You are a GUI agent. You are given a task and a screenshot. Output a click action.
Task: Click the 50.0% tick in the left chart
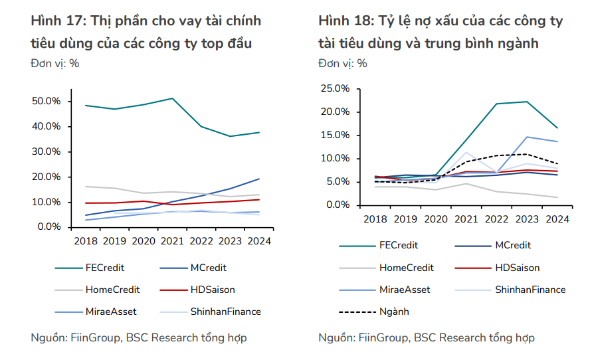(46, 101)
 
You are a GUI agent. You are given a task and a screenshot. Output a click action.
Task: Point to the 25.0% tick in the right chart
(334, 88)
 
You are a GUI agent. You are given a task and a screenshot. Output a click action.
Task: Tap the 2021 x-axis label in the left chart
(173, 241)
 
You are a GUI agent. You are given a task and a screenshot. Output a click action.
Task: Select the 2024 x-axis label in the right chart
(556, 219)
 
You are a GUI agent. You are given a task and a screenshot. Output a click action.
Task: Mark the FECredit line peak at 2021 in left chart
(173, 98)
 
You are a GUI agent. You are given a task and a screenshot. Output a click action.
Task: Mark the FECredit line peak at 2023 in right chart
(526, 102)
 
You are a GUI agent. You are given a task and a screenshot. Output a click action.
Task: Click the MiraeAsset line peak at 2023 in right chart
(526, 137)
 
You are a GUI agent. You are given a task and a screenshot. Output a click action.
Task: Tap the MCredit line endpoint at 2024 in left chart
(259, 179)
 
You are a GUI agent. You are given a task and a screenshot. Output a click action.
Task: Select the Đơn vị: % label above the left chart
(55, 64)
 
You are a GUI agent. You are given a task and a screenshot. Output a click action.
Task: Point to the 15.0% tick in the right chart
(334, 135)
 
